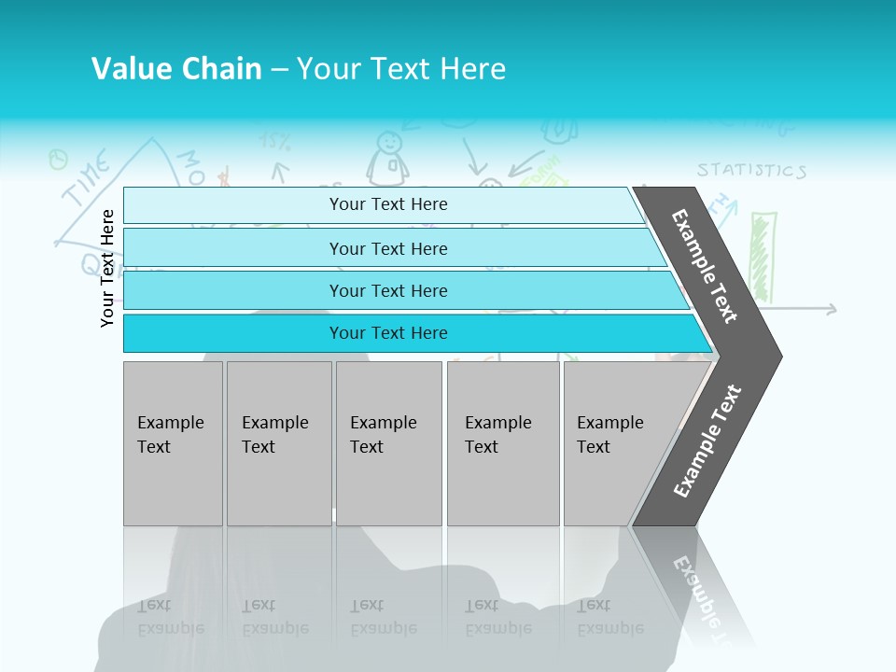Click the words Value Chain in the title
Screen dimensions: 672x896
click(176, 69)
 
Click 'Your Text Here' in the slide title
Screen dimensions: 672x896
click(401, 69)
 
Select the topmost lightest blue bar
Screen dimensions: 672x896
click(387, 204)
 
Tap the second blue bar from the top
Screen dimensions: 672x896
click(387, 248)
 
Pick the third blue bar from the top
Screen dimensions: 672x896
click(387, 290)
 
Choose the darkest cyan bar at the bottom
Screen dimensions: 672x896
click(387, 333)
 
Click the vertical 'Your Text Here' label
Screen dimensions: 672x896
click(108, 268)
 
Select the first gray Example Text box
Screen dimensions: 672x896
click(173, 442)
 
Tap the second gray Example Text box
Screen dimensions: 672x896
click(278, 442)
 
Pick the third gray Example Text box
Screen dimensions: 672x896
click(387, 442)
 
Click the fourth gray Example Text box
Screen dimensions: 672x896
click(502, 442)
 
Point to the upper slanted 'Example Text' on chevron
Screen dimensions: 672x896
click(706, 266)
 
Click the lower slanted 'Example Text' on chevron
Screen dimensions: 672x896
click(707, 441)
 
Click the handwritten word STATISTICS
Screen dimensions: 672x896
click(750, 171)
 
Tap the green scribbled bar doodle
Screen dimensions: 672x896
click(763, 257)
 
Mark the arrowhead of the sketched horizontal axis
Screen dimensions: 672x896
click(833, 309)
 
